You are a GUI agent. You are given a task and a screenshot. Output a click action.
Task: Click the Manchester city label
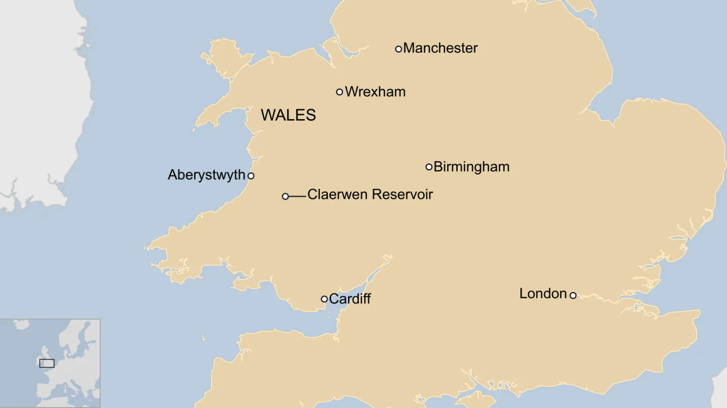(440, 48)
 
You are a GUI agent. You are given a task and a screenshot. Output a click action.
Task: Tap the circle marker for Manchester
(399, 49)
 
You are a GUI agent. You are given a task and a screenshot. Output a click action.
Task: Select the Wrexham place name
(375, 92)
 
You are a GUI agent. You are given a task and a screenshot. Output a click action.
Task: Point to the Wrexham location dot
(339, 92)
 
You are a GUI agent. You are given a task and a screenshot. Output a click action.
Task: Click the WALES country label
(288, 115)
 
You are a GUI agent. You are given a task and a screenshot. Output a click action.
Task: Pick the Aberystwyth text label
(206, 175)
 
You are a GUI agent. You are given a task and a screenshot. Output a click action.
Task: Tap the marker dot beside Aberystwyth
(251, 176)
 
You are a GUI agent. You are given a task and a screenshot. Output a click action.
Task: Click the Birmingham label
(471, 167)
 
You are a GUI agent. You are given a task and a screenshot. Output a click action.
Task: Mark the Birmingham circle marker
(429, 167)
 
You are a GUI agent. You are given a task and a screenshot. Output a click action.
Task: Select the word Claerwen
(337, 194)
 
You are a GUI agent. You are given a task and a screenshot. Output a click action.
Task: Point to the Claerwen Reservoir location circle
(285, 196)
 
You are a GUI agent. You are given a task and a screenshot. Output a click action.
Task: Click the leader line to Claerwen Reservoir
(297, 196)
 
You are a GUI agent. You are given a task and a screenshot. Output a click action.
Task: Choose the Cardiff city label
(350, 299)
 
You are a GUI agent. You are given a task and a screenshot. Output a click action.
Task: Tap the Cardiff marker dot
(324, 299)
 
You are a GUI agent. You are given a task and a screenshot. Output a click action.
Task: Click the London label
(543, 294)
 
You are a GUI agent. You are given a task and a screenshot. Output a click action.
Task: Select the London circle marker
(573, 295)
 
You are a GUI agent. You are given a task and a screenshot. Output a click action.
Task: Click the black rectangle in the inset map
(47, 363)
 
